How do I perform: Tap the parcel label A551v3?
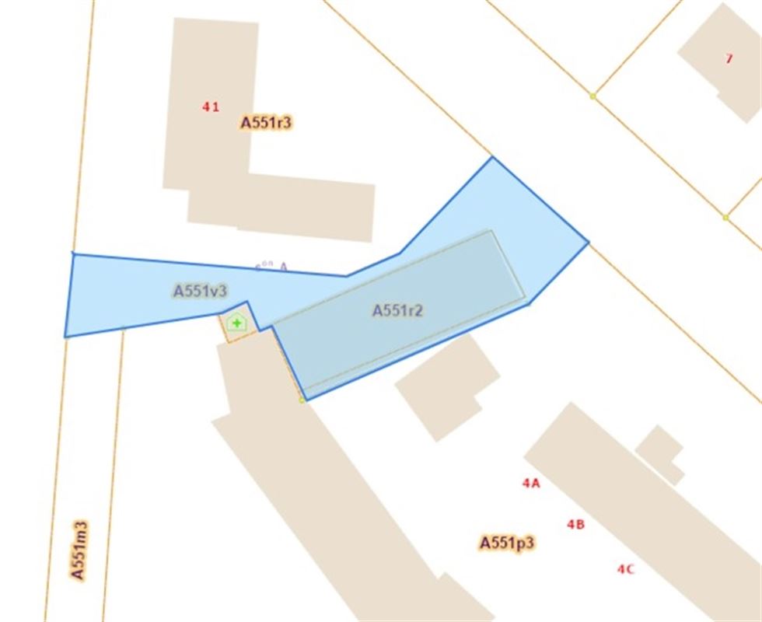tap(200, 291)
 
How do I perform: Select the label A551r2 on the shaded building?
tap(397, 310)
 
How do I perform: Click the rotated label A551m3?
tap(79, 550)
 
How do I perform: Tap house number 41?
tap(210, 107)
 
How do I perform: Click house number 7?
tap(729, 58)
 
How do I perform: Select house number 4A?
tap(531, 483)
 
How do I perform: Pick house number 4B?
tap(575, 524)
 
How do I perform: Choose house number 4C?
tap(626, 568)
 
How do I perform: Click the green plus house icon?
tap(236, 322)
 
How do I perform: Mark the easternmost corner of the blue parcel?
tap(589, 243)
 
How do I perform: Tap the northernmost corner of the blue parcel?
tap(492, 157)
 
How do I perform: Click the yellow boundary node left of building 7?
tap(592, 96)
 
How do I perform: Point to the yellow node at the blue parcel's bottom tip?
tap(302, 400)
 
